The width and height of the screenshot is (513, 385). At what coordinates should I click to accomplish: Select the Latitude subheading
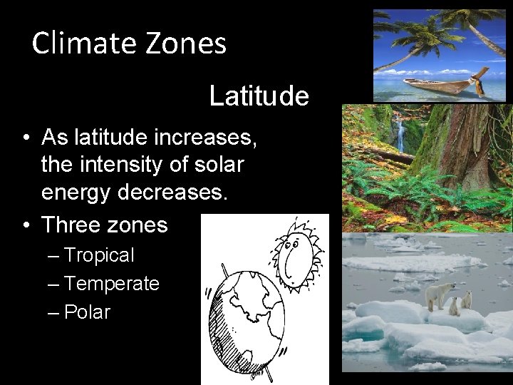pyautogui.click(x=259, y=96)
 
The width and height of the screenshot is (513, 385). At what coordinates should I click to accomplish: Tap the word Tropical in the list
pyautogui.click(x=99, y=255)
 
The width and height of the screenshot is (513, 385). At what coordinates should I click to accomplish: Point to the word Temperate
pyautogui.click(x=111, y=283)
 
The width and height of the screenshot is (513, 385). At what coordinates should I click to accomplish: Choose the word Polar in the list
pyautogui.click(x=87, y=312)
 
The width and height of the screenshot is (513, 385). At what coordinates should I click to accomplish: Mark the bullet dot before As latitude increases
pyautogui.click(x=25, y=137)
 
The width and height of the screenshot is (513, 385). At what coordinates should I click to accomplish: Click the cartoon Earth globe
pyautogui.click(x=247, y=321)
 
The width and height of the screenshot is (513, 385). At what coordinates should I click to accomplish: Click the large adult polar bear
pyautogui.click(x=439, y=294)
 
